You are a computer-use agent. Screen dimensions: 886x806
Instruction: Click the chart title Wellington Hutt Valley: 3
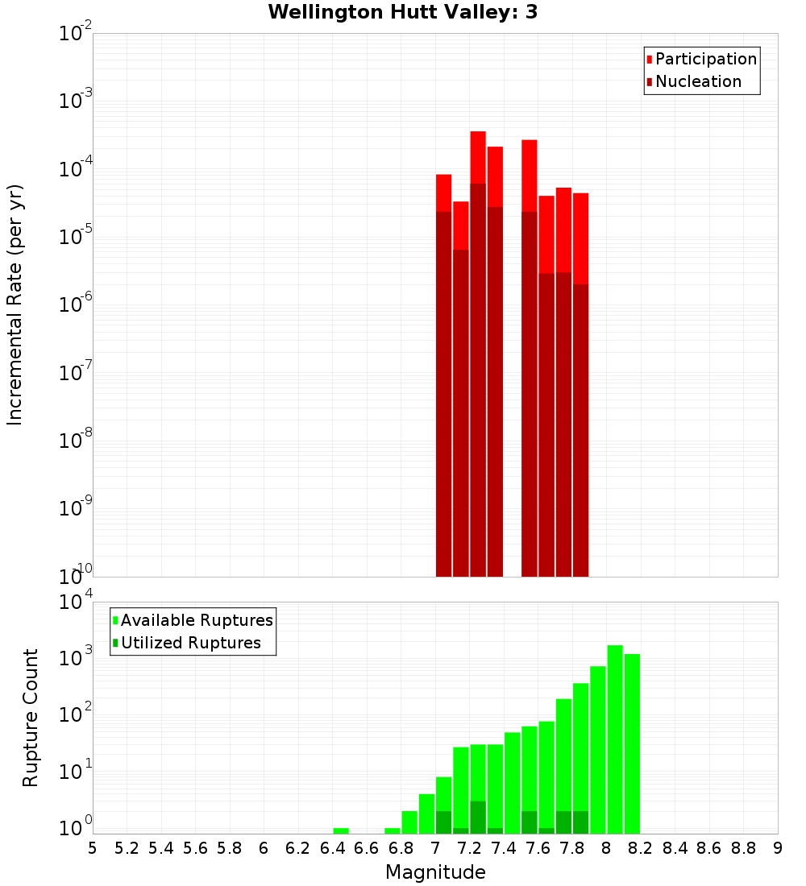402,12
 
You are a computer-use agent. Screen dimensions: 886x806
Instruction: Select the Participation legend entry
706,59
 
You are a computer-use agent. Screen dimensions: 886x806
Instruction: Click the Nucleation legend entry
698,81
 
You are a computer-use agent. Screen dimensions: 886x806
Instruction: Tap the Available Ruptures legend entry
197,620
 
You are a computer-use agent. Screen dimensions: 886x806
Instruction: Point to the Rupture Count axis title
31,717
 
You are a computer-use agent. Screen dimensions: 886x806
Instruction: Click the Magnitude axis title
435,872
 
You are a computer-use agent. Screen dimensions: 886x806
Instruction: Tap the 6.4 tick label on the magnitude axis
332,848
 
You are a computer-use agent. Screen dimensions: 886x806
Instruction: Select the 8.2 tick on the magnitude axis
641,848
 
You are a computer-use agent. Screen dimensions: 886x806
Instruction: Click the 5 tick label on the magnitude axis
93,848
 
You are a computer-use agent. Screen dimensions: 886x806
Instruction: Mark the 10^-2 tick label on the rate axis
75,34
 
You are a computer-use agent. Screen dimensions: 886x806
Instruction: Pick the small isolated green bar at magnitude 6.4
341,830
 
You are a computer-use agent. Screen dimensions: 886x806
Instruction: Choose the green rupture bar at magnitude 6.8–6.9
409,822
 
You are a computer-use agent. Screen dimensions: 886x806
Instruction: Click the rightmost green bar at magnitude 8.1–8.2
632,741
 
